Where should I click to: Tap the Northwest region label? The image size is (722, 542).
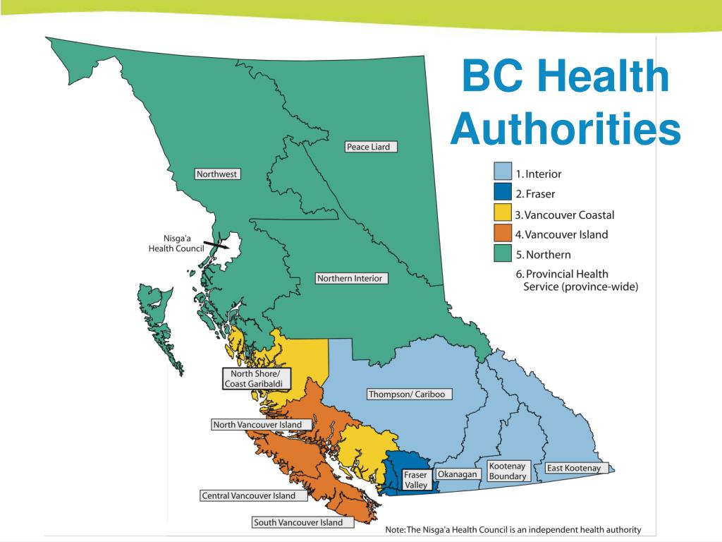tap(217, 174)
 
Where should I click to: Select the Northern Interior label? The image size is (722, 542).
tap(350, 278)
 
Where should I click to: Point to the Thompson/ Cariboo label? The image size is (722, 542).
tap(407, 395)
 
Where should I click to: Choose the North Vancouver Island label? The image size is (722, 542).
tap(257, 425)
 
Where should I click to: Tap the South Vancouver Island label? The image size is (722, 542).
tap(298, 522)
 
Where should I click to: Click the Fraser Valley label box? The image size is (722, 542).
tap(415, 480)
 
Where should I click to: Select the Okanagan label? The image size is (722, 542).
tap(458, 474)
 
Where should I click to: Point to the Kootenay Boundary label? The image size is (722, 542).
tap(508, 471)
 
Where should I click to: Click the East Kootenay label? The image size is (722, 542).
tap(573, 468)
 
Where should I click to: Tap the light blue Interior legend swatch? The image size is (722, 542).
tap(501, 172)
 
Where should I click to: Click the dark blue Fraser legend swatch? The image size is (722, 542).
tap(501, 193)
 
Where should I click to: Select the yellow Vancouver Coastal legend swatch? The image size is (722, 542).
tap(501, 214)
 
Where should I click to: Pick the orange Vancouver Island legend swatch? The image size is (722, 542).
tap(501, 234)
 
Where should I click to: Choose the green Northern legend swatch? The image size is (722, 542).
tap(501, 254)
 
